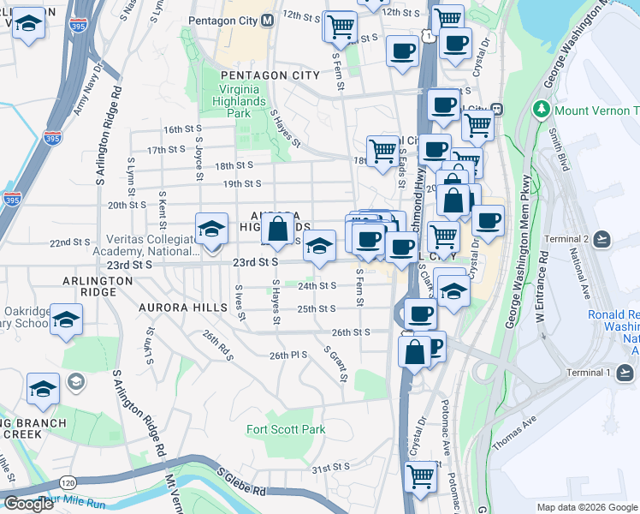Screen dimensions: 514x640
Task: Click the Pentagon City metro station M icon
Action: click(267, 20)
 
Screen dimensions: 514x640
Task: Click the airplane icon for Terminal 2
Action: click(602, 238)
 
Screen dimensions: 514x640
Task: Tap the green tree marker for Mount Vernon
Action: click(541, 111)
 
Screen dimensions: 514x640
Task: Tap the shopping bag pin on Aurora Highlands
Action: click(278, 230)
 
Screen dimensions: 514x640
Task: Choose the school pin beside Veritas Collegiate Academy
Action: click(211, 230)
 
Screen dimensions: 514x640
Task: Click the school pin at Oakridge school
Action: click(66, 320)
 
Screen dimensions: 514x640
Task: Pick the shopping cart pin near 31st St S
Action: click(420, 476)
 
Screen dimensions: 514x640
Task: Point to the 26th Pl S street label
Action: click(287, 355)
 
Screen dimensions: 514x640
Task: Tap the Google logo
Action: click(29, 504)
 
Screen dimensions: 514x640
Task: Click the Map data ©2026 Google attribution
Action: click(586, 507)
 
